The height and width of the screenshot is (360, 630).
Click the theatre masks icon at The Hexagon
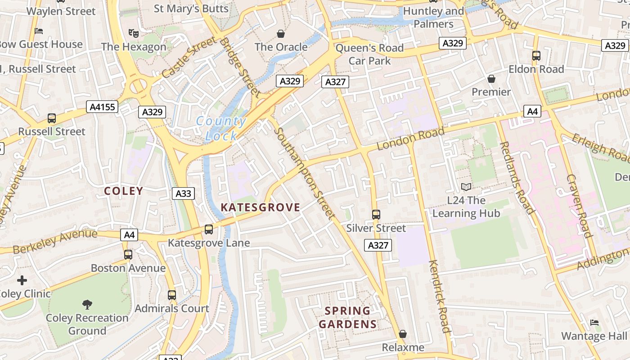tap(133, 33)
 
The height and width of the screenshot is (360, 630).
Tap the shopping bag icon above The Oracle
tap(281, 34)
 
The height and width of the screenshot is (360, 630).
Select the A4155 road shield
tap(102, 107)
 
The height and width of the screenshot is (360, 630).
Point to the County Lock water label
tap(221, 129)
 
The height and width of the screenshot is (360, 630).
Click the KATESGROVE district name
tap(260, 207)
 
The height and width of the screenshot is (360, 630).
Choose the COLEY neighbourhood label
tap(123, 191)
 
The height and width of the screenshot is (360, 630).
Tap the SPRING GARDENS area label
tap(347, 317)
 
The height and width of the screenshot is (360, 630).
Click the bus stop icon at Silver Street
tap(376, 215)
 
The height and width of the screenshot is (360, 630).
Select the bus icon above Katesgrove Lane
tap(209, 229)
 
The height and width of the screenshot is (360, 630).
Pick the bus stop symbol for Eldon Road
tap(536, 56)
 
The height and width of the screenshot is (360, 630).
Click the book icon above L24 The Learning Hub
tap(466, 187)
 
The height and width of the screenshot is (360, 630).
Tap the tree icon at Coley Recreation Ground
tap(87, 305)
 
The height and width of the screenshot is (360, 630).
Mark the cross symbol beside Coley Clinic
tap(22, 281)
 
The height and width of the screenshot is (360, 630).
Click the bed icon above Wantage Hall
tap(594, 323)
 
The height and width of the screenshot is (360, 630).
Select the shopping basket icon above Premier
tap(491, 79)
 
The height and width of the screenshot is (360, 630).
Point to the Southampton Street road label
tap(304, 174)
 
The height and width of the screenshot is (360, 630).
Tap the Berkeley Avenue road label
tap(55, 241)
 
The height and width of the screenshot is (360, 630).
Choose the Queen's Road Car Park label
tap(369, 54)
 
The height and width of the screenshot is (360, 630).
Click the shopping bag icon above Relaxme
tap(403, 334)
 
